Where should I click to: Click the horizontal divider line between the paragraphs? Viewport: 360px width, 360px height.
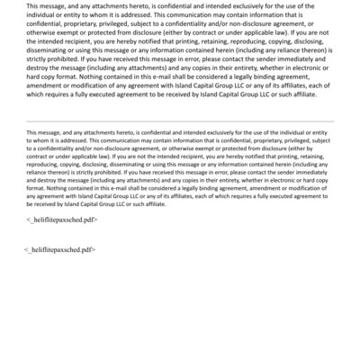[180, 121]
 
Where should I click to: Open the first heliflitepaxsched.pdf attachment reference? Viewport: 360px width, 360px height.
[63, 219]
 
